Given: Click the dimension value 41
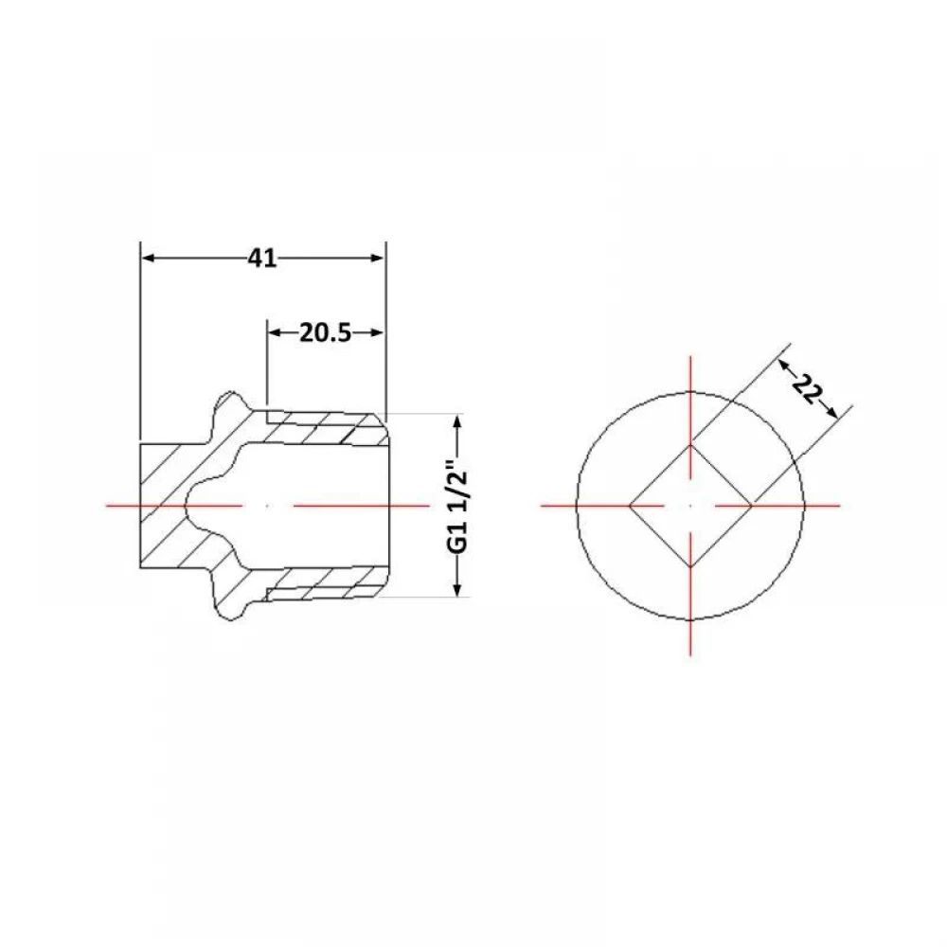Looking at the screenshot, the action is tap(262, 259).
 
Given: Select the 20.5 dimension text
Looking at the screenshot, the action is tap(325, 332).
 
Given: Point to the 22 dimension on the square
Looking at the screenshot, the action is tap(808, 388).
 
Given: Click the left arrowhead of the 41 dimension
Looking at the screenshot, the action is tap(149, 259).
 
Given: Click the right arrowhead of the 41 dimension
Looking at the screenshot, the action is tap(377, 259).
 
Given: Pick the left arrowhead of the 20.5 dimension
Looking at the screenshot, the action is tap(276, 332).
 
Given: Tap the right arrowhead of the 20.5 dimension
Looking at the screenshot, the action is tap(377, 332).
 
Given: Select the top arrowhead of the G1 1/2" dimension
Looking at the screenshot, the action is tap(457, 422).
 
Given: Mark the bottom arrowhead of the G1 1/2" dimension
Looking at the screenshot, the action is tap(457, 588).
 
